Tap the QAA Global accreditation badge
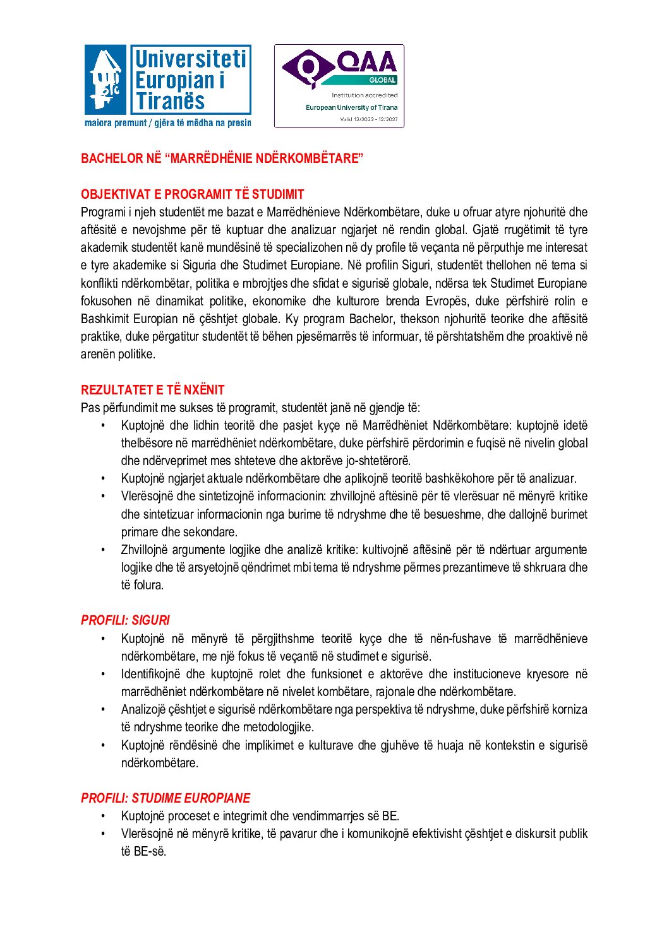click(x=339, y=86)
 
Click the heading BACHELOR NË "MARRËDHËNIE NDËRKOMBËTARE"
click(x=222, y=158)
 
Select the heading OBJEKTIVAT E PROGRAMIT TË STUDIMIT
click(x=192, y=194)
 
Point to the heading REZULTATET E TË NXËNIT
click(x=152, y=390)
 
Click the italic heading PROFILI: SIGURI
click(x=125, y=620)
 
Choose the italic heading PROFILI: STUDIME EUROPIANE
click(x=166, y=798)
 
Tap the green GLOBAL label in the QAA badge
click(x=382, y=80)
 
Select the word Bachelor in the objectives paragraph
click(x=371, y=319)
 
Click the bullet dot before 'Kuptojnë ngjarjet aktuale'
click(x=103, y=479)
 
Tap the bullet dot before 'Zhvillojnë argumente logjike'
click(x=103, y=550)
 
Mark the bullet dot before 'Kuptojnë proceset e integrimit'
click(x=103, y=817)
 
